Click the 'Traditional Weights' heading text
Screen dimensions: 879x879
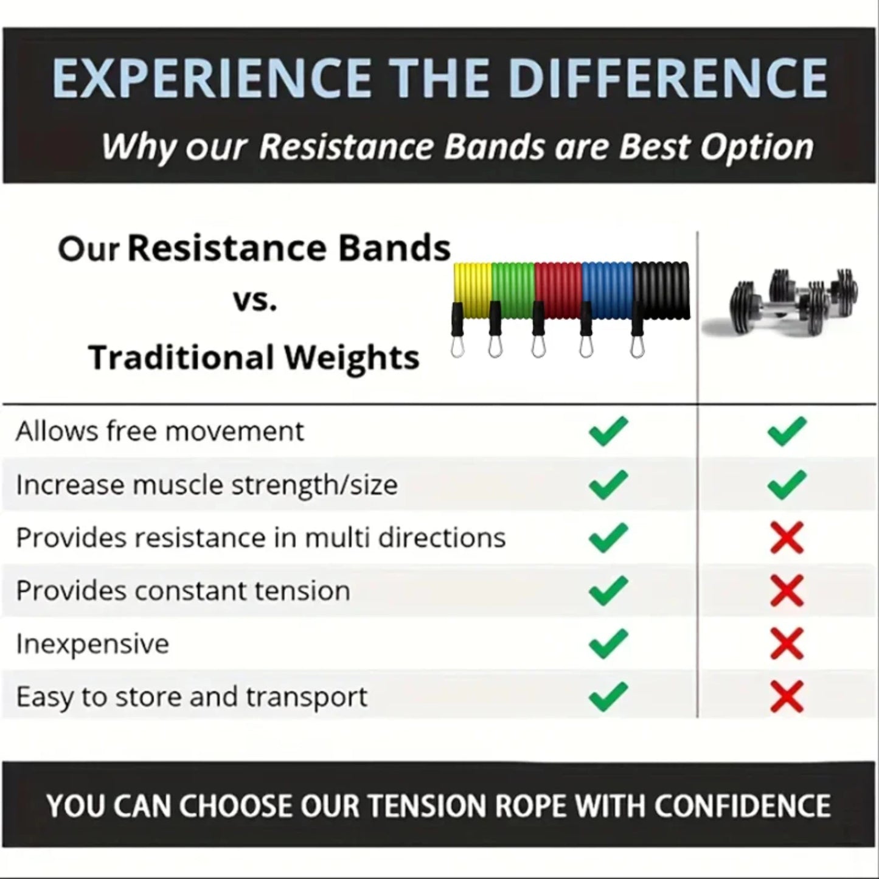coord(254,357)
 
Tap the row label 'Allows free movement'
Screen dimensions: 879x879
coord(159,431)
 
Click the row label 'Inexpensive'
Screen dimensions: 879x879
coord(92,644)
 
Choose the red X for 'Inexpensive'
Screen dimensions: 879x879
coord(787,644)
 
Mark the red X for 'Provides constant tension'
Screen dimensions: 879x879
coord(787,591)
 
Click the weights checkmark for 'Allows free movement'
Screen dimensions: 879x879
coord(787,431)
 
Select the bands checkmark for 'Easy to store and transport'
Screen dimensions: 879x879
coord(608,697)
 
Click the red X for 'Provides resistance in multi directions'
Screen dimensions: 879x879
coord(787,538)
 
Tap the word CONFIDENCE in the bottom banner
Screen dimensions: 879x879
coord(742,805)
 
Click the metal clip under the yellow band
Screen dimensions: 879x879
coord(457,347)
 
